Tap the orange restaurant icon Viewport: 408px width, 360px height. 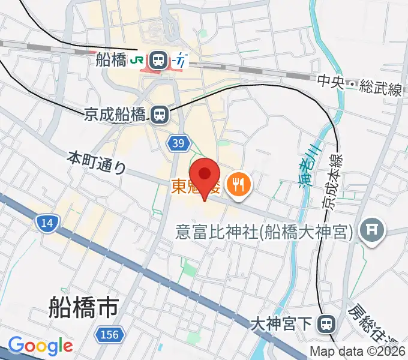point(238,184)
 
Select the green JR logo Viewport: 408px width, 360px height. point(137,59)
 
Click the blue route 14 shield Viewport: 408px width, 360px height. point(46,224)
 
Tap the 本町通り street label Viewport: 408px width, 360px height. point(96,163)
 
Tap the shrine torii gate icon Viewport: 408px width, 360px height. point(371,231)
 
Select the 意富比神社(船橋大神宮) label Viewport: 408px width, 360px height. point(264,232)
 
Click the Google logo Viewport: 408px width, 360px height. point(40,346)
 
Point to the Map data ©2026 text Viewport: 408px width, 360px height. point(358,352)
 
